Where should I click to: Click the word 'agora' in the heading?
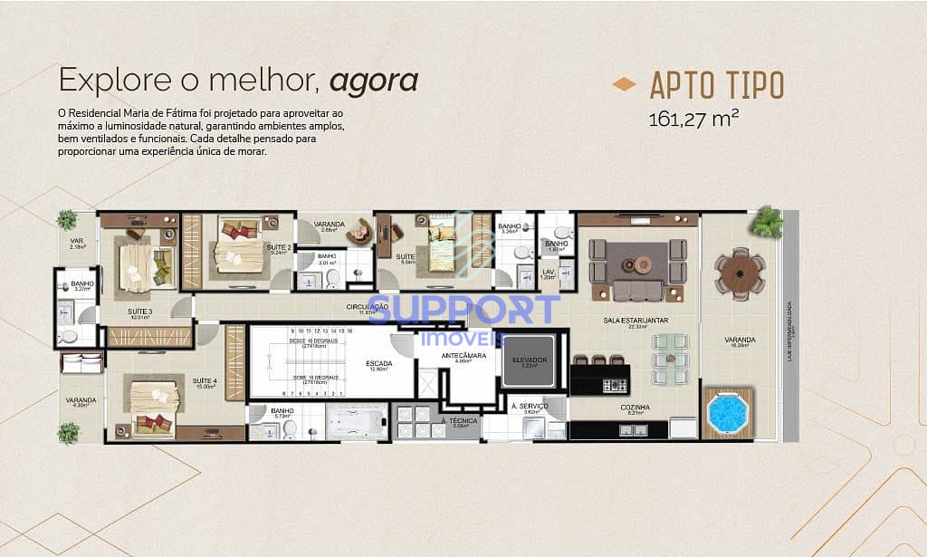point(373,81)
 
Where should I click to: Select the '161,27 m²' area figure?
point(687,119)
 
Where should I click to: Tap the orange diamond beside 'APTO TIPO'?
point(624,85)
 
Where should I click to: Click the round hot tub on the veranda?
point(727,412)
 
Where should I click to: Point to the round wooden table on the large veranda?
point(740,272)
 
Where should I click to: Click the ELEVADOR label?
point(530,360)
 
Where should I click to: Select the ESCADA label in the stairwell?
point(378,363)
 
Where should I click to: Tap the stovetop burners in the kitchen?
point(615,385)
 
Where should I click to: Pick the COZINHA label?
point(635,408)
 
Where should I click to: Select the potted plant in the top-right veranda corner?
point(768,221)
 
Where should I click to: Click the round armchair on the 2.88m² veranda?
point(361,232)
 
